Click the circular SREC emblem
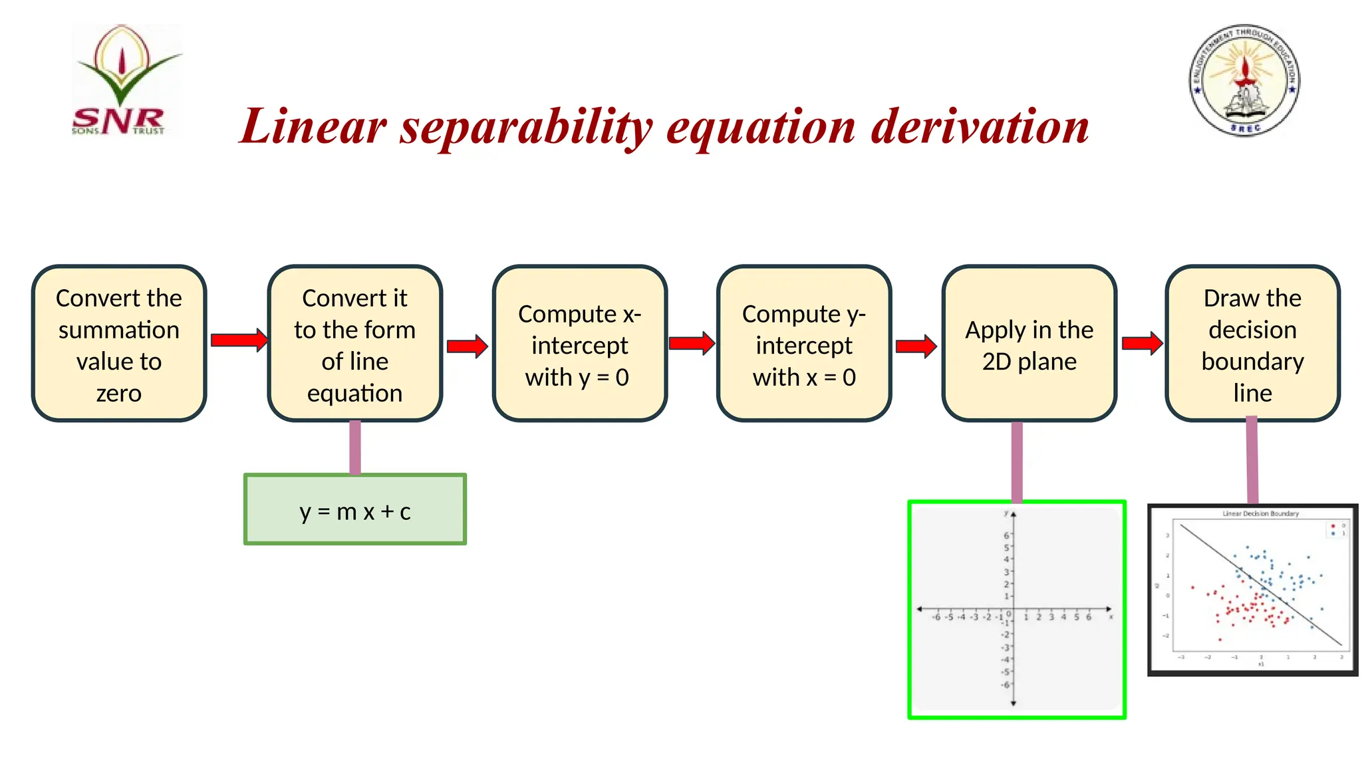(1244, 80)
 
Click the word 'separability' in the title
(526, 128)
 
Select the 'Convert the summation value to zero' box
(119, 344)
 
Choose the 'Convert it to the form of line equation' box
(355, 344)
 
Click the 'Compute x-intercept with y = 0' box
(579, 344)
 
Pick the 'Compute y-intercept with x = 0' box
(803, 344)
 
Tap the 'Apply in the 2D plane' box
(1029, 344)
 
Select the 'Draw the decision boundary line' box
(1252, 344)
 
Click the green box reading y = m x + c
(355, 510)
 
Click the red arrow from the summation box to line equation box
(239, 340)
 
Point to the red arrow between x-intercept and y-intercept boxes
(692, 343)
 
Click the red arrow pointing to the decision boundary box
(1142, 343)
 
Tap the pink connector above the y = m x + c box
(355, 447)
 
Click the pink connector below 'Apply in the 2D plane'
(1017, 461)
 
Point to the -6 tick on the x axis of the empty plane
(936, 617)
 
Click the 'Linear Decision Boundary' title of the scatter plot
(1260, 513)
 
